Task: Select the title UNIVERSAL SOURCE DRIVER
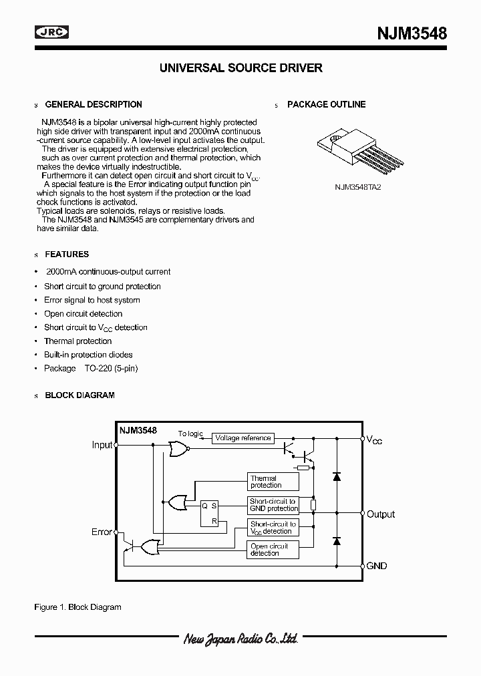240,68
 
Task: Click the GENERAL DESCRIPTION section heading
93,104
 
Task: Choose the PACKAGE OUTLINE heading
326,104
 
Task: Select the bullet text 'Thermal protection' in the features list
77,341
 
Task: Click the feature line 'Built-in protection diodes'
88,355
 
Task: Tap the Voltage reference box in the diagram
243,438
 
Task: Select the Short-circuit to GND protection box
273,505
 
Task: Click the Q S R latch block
209,514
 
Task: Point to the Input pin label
102,446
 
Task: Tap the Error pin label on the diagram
102,532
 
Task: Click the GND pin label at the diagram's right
377,566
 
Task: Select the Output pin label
381,514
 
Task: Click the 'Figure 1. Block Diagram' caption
77,607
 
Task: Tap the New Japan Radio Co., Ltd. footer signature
240,640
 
